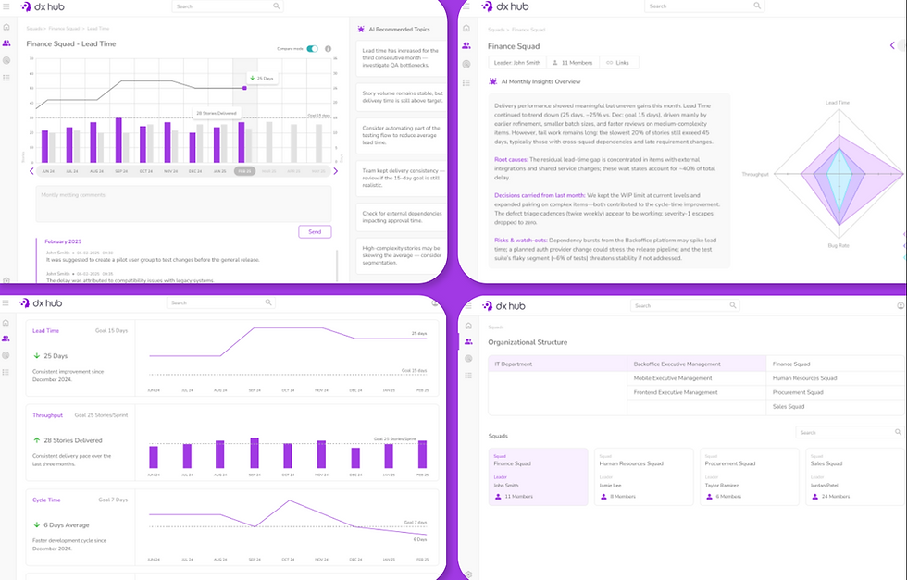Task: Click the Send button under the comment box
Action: (315, 231)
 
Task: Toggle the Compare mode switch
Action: (313, 49)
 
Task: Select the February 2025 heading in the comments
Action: (64, 241)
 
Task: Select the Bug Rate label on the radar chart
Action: (838, 246)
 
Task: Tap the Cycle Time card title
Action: (46, 500)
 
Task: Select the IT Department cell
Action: (514, 364)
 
